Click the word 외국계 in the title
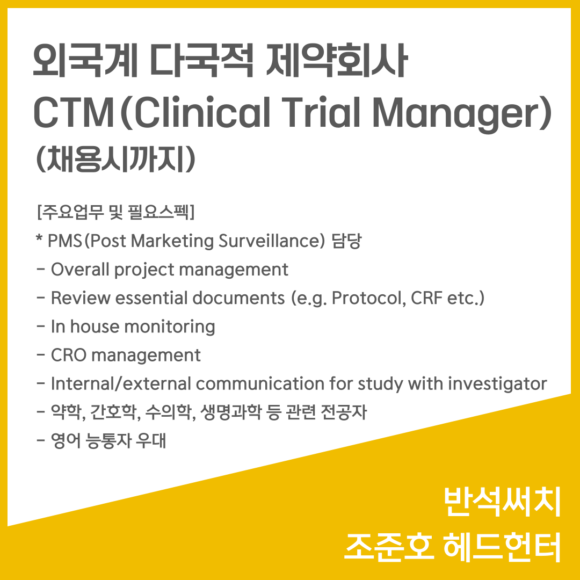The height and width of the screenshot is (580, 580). pyautogui.click(x=85, y=60)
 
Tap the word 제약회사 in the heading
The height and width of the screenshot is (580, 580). pyautogui.click(x=337, y=60)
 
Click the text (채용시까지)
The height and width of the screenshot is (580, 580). pyautogui.click(x=115, y=160)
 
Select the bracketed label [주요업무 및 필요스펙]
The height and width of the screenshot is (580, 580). pyautogui.click(x=116, y=212)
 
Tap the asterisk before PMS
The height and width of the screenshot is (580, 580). pyautogui.click(x=39, y=238)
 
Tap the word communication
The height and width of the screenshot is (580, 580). pyautogui.click(x=260, y=383)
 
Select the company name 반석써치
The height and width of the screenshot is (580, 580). pyautogui.click(x=502, y=502)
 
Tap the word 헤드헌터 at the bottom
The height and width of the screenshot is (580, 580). pyautogui.click(x=502, y=547)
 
